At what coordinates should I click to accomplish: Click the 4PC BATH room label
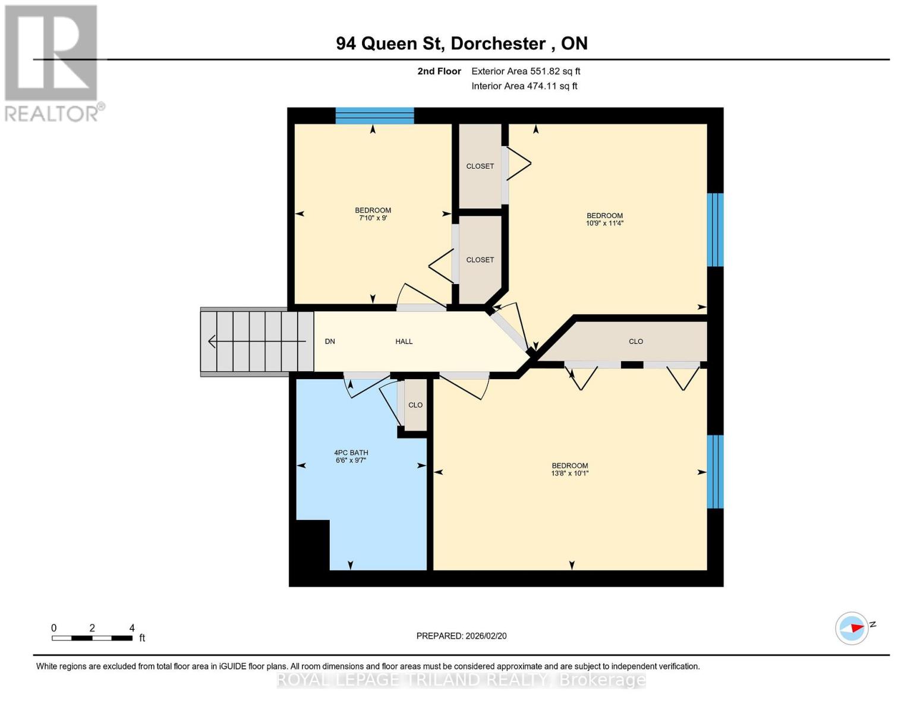point(351,453)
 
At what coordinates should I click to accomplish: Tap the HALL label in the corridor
point(404,342)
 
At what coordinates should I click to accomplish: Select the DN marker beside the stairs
point(330,342)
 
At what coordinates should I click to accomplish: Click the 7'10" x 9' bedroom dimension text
point(373,218)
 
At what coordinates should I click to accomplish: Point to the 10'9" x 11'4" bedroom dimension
point(604,223)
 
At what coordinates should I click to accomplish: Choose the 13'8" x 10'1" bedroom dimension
point(569,474)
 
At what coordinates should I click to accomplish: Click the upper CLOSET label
point(480,166)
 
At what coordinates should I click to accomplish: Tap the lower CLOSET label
point(480,260)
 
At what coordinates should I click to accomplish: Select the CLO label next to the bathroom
point(415,405)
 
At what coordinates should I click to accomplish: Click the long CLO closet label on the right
point(635,342)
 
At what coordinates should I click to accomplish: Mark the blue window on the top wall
point(374,115)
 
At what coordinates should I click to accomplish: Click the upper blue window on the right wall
point(715,229)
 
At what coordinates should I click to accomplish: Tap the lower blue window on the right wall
point(715,472)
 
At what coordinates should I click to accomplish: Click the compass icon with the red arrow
point(852,628)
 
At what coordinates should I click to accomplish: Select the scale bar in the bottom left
point(92,638)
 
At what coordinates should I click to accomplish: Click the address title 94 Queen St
point(461,43)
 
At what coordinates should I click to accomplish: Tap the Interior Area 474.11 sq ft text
point(524,86)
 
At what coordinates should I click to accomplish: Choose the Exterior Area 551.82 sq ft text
point(525,71)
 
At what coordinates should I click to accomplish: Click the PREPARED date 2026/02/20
point(461,636)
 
